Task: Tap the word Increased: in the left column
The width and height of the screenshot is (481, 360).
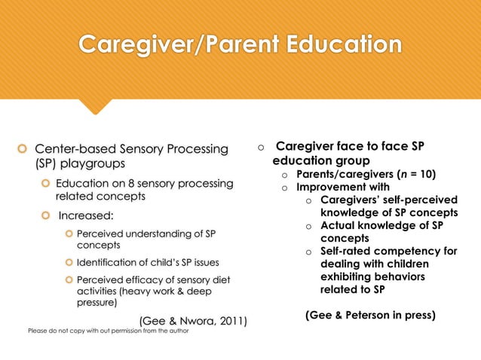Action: click(x=87, y=218)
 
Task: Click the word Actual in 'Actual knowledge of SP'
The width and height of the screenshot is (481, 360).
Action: click(x=337, y=225)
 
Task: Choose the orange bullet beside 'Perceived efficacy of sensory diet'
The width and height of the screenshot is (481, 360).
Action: click(x=69, y=279)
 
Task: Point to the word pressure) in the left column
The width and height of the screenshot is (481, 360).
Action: click(x=97, y=304)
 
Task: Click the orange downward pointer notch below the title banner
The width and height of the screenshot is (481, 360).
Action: click(x=96, y=107)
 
